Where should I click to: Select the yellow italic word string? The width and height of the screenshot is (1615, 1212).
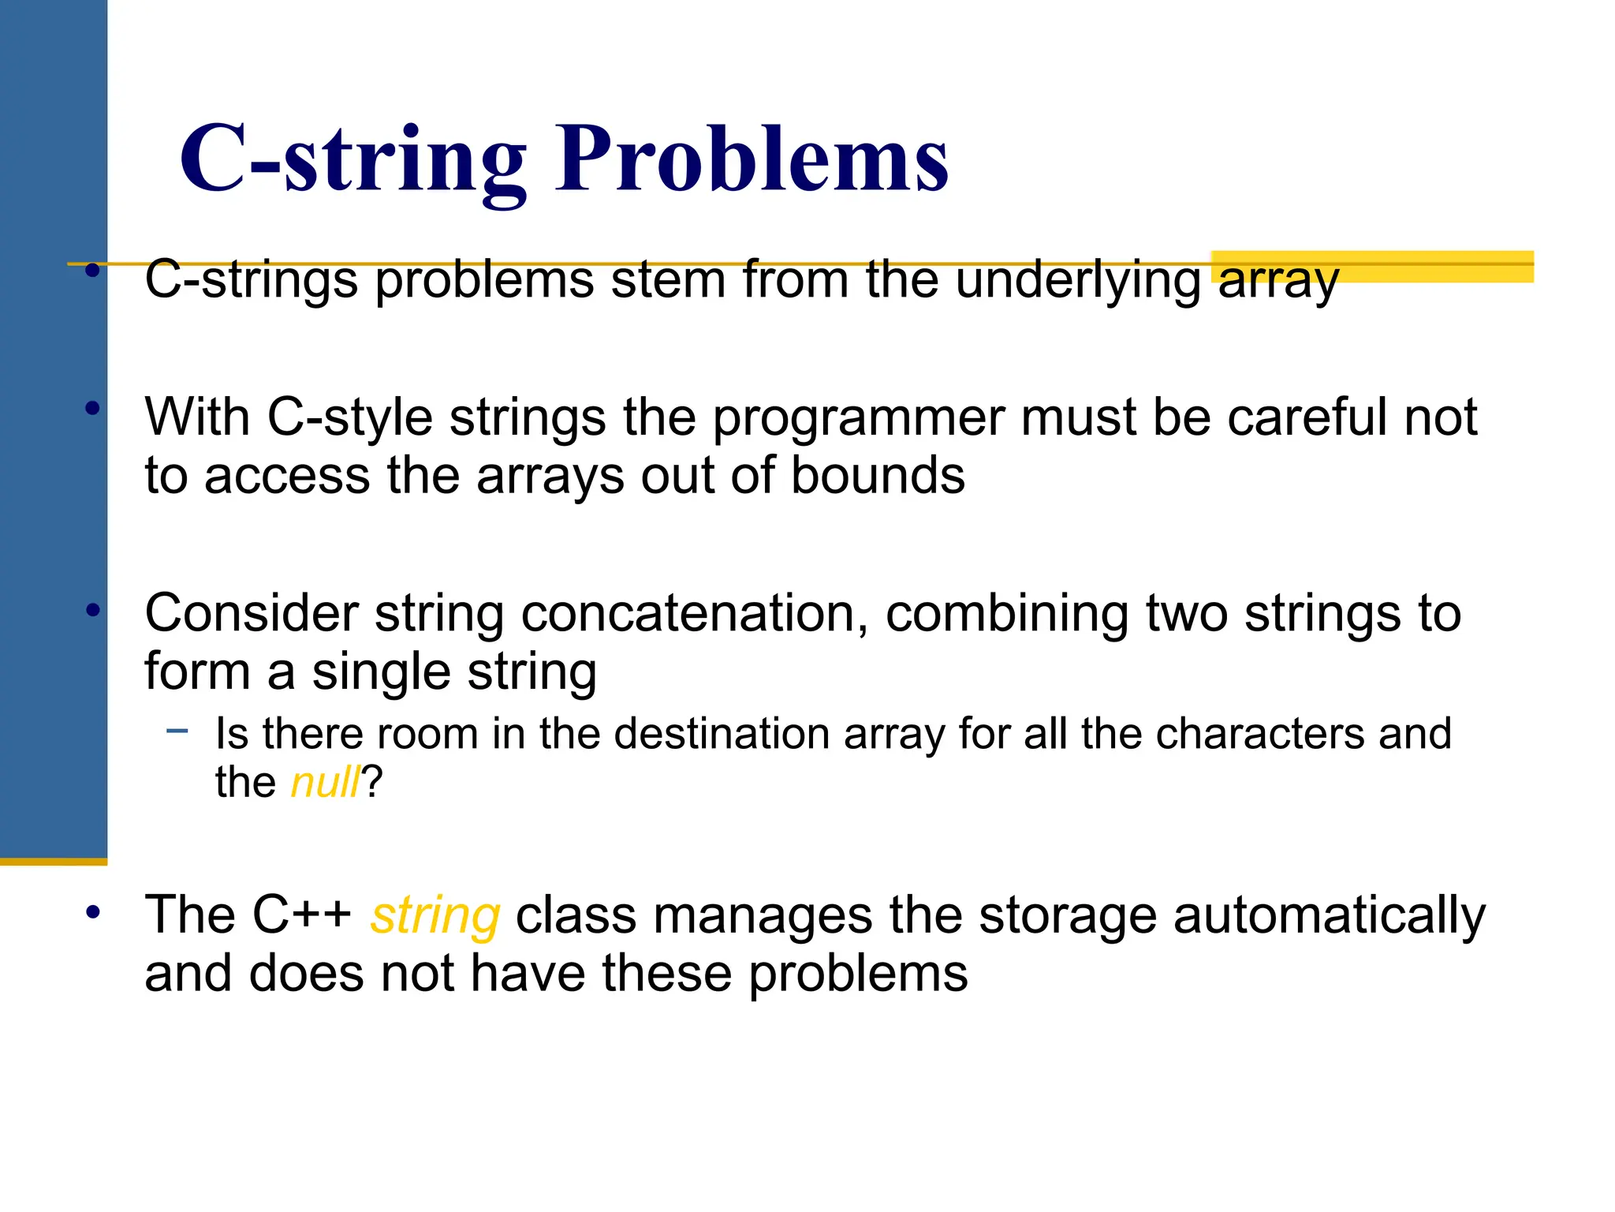[435, 917]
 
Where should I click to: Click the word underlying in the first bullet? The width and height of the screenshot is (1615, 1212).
[1077, 280]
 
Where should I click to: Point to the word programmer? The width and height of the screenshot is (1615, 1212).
[858, 417]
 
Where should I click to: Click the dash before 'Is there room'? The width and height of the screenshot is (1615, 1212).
[177, 731]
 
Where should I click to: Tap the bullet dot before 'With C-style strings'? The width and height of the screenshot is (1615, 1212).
[93, 409]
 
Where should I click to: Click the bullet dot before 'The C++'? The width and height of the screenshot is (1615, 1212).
[93, 913]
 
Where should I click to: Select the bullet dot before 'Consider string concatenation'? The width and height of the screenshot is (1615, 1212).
[93, 610]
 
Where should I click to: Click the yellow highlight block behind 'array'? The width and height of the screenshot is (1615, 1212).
[1435, 267]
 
